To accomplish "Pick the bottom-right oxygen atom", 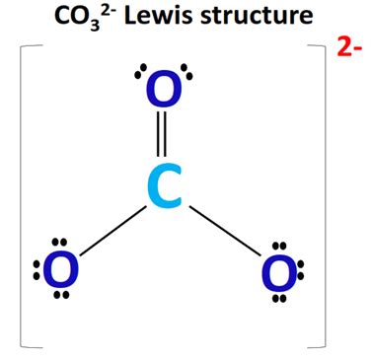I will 277,271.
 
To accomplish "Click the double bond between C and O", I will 164,139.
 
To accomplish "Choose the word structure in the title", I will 264,17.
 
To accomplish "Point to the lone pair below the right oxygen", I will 280,297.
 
